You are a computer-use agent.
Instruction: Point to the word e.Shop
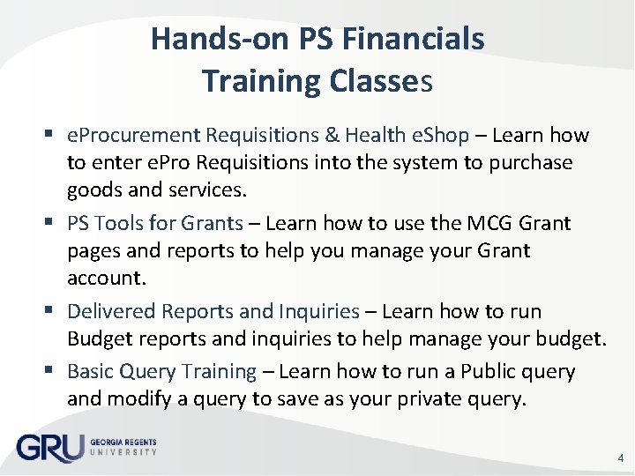click(441, 135)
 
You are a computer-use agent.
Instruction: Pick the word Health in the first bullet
click(376, 135)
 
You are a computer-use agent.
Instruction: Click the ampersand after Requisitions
click(331, 135)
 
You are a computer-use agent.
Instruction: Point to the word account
click(101, 278)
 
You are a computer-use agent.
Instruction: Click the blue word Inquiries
click(319, 311)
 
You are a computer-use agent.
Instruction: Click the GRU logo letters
click(49, 448)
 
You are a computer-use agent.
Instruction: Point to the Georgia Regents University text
click(123, 448)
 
